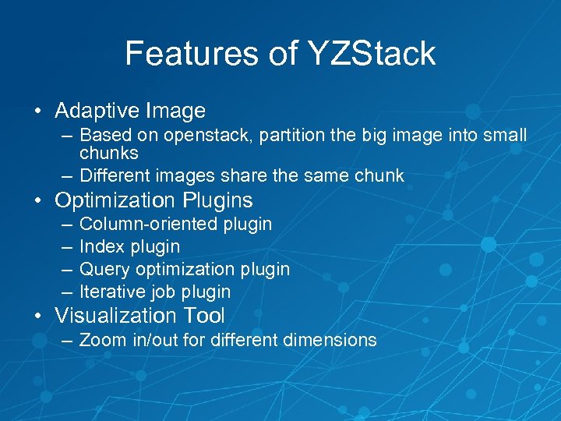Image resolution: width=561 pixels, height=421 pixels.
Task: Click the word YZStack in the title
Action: tap(372, 54)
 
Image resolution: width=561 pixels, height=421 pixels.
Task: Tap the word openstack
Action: tap(204, 136)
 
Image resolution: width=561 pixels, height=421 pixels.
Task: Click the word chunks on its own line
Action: tap(109, 153)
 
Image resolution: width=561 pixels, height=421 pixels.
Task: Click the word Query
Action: tap(104, 270)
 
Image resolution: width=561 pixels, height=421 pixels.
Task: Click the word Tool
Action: tap(203, 316)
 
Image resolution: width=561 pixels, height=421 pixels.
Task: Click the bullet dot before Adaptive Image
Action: tap(37, 111)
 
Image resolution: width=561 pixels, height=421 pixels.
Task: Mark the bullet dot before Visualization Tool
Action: tap(37, 317)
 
